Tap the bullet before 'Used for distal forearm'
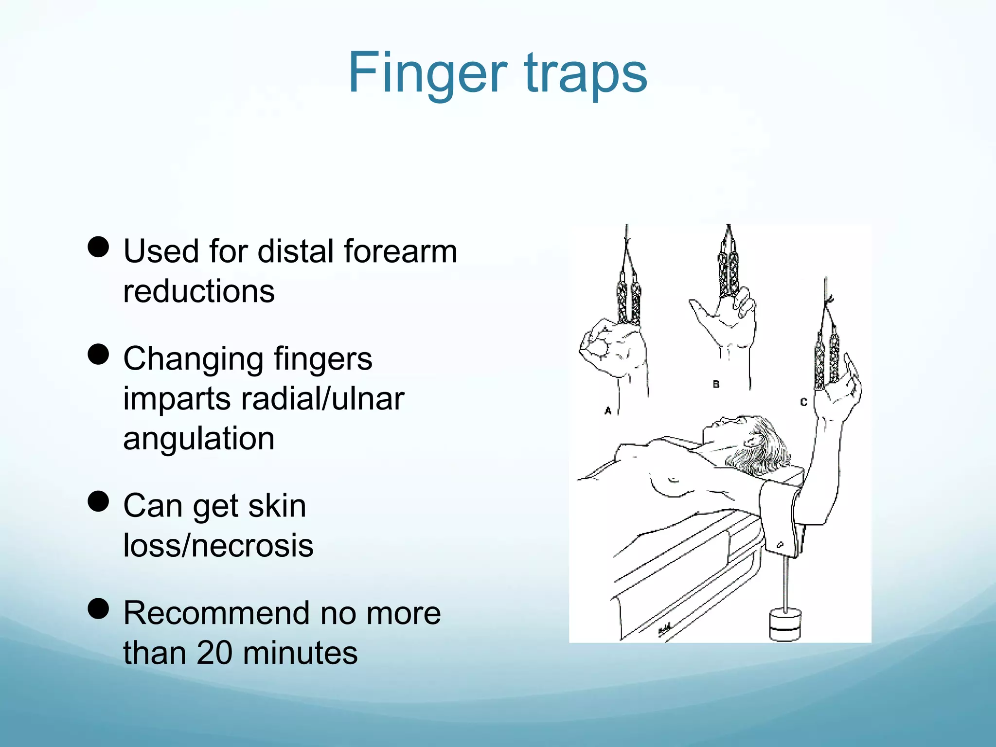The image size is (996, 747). (x=98, y=247)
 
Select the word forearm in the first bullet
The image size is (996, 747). (x=400, y=251)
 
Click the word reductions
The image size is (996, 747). (x=199, y=291)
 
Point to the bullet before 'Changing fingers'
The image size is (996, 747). (x=98, y=354)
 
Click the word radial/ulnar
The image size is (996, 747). (x=322, y=399)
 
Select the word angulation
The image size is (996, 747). (x=199, y=439)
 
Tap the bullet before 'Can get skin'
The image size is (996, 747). (x=98, y=501)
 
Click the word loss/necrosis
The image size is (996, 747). (x=218, y=546)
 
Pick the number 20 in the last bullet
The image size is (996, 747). (x=214, y=653)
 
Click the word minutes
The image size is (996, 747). (x=300, y=653)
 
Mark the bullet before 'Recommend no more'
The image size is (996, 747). (x=98, y=608)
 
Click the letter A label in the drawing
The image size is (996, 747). (x=608, y=411)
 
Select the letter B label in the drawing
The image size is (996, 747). (x=716, y=384)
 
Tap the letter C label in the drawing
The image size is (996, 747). (x=803, y=402)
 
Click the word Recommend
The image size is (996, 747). (x=217, y=613)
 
